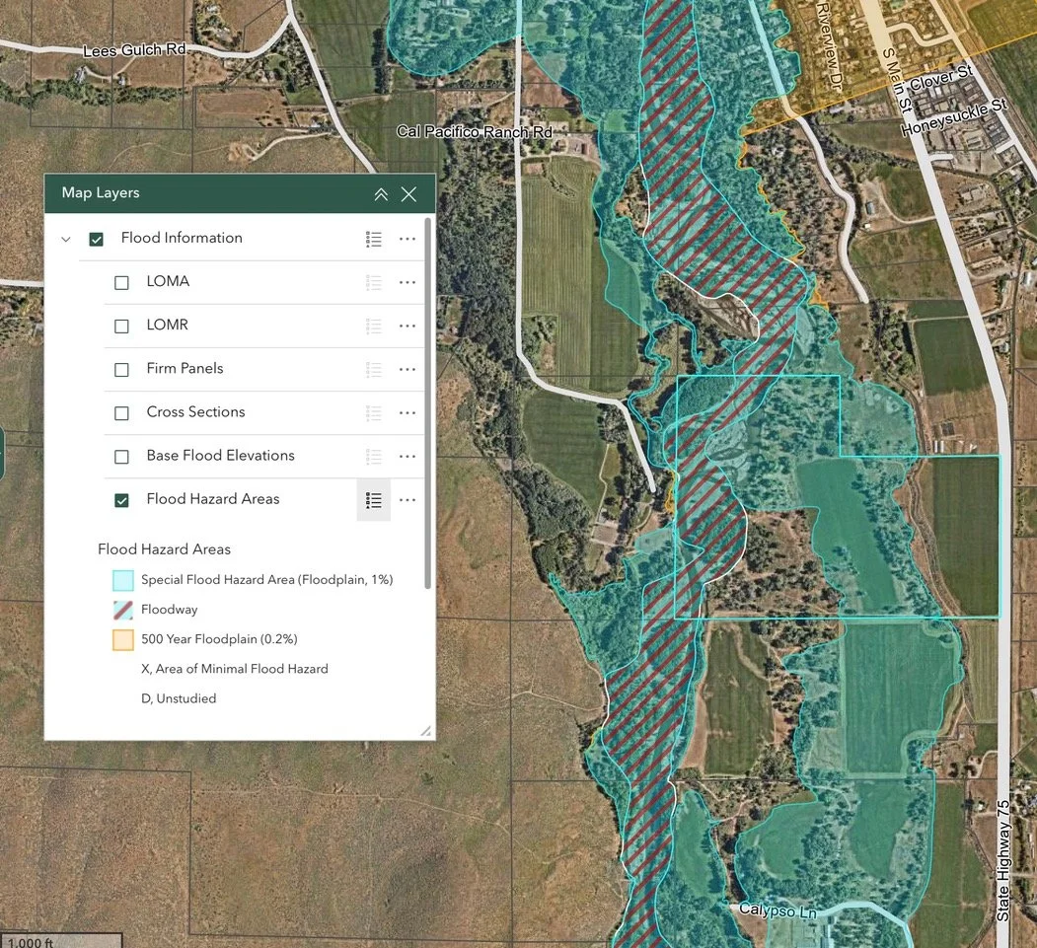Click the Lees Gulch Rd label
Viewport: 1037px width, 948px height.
point(135,50)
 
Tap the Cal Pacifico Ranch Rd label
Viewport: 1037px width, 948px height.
point(475,131)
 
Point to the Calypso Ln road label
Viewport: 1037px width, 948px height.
point(778,911)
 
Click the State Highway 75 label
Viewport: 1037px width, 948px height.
point(1003,859)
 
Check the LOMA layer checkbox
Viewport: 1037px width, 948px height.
point(121,282)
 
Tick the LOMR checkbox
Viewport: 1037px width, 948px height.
point(121,326)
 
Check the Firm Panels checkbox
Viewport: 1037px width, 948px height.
point(121,369)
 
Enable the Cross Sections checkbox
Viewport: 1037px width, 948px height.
point(121,412)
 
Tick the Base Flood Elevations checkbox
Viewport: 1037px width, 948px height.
point(121,456)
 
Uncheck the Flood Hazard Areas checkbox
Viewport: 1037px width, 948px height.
point(121,500)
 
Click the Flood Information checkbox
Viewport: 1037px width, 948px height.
point(96,239)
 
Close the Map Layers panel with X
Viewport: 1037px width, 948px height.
point(408,194)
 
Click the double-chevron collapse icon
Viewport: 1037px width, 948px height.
point(381,194)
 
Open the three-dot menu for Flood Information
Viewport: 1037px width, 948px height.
point(407,239)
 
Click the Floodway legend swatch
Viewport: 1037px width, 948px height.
point(122,610)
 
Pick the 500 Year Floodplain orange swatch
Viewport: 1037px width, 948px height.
point(122,639)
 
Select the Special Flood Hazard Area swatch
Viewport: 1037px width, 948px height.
point(122,580)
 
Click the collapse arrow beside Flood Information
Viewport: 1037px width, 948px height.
point(66,239)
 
